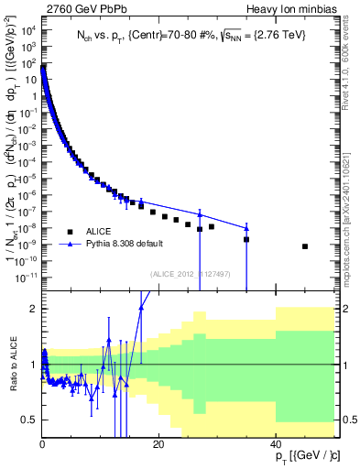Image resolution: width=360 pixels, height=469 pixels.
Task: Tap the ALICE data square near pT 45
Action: tap(305, 246)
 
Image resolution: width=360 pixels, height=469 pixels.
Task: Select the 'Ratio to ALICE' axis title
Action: tap(12, 365)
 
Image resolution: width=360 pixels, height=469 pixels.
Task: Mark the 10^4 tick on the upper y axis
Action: tap(30, 30)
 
